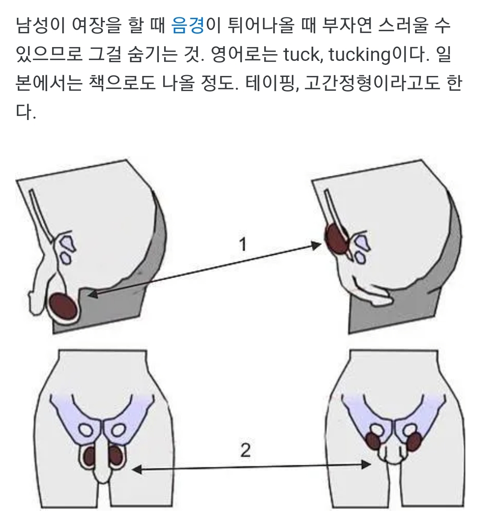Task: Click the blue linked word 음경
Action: (x=188, y=25)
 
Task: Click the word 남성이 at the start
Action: (x=40, y=25)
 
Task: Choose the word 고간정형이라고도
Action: (x=371, y=83)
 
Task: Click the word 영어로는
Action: (x=243, y=54)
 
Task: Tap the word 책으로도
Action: (x=122, y=83)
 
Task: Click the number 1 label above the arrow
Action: (x=243, y=244)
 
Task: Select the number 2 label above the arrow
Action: (x=246, y=451)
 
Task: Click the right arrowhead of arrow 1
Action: (x=316, y=245)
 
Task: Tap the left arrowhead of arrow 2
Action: (x=137, y=470)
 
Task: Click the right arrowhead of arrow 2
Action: (x=366, y=464)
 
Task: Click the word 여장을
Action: (x=97, y=25)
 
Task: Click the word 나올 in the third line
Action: (x=178, y=83)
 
